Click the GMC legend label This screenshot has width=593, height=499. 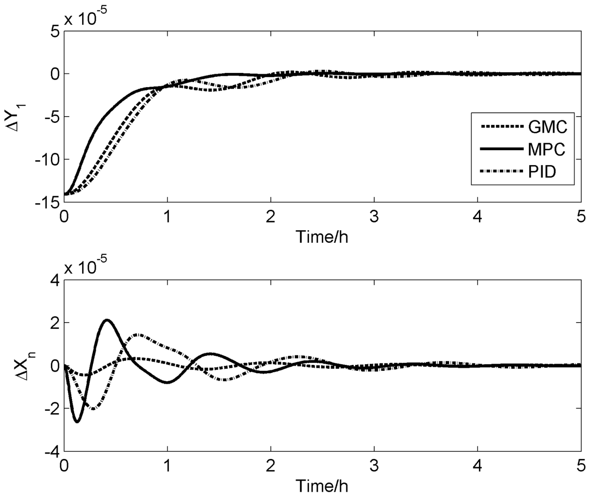[547, 127]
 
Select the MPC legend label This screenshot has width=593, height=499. [546, 149]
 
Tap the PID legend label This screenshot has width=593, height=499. [542, 171]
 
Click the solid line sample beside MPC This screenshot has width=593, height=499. [502, 149]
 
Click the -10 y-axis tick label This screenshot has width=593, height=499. [47, 159]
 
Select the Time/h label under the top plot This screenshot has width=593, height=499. [322, 236]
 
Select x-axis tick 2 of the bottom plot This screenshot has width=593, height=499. [271, 466]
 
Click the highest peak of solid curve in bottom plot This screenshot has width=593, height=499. [107, 320]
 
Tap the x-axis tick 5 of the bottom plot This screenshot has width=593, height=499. [581, 466]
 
